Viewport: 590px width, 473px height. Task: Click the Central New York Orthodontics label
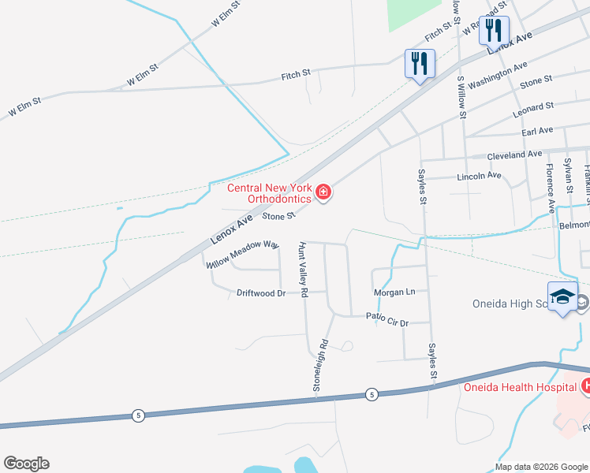(x=269, y=193)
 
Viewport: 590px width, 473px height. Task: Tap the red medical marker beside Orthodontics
(x=323, y=192)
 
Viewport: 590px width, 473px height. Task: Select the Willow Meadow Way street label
(x=245, y=255)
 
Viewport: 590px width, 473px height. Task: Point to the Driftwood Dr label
(x=260, y=292)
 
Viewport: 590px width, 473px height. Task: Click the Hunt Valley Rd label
(x=302, y=270)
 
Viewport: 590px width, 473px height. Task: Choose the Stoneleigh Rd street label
(x=321, y=366)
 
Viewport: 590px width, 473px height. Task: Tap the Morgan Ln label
(x=394, y=292)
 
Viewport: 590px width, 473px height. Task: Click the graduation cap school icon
(x=562, y=296)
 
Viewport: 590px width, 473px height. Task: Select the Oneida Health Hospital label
(x=520, y=387)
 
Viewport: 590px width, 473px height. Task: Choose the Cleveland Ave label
(x=514, y=155)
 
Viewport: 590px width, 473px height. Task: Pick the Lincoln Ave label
(x=479, y=176)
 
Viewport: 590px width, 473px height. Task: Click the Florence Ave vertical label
(x=551, y=189)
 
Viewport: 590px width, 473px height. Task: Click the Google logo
(x=26, y=464)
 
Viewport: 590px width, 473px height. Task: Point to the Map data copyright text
(x=541, y=466)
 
